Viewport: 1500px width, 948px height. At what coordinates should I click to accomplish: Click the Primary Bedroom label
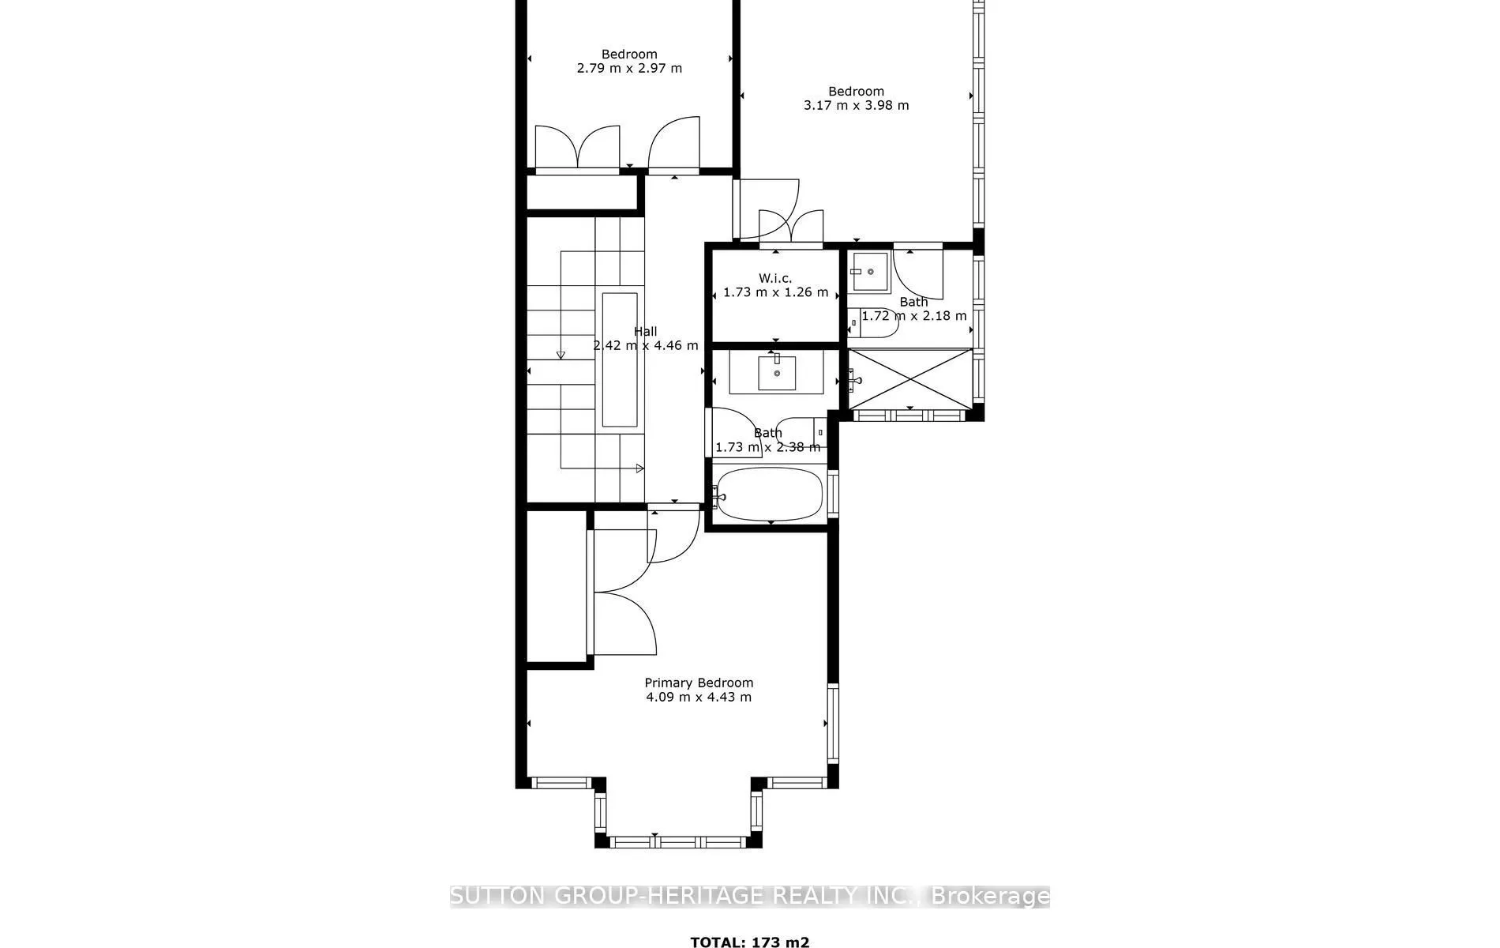tap(699, 683)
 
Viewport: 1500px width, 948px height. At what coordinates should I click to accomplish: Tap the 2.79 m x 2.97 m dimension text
tap(629, 68)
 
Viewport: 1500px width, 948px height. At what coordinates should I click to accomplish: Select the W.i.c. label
tap(775, 278)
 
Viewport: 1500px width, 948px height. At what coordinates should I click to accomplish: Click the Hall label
tap(645, 332)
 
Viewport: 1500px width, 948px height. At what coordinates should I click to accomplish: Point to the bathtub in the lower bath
tap(770, 495)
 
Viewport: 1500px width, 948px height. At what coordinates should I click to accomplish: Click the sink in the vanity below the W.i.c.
tap(777, 373)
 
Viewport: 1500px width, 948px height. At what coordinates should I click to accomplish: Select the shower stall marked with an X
tap(910, 379)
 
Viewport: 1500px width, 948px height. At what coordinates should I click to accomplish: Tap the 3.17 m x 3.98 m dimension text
tap(856, 105)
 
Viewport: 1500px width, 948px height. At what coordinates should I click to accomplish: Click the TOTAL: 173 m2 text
tap(749, 942)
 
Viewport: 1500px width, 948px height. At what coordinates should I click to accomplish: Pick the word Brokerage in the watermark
tap(990, 896)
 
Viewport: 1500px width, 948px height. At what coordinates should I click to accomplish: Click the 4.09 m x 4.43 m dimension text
tap(699, 697)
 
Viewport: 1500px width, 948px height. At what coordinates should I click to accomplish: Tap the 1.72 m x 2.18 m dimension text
tap(913, 316)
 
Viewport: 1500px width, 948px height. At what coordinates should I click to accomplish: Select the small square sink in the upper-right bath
tap(870, 273)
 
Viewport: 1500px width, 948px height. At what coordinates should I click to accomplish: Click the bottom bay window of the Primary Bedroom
tap(678, 842)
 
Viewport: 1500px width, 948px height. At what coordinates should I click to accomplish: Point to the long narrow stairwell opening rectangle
tap(620, 359)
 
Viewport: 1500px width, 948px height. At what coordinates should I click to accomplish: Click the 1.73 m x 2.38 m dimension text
tap(767, 447)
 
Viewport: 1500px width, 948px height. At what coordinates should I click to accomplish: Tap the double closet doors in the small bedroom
tap(577, 148)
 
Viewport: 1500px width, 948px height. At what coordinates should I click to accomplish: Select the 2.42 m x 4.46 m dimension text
tap(645, 345)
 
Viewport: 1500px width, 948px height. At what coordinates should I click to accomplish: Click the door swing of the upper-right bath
tap(920, 273)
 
